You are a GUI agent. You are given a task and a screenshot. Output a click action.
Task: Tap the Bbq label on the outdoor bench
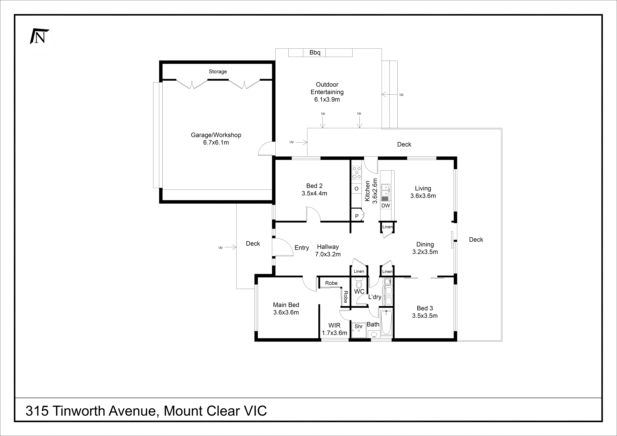(x=315, y=53)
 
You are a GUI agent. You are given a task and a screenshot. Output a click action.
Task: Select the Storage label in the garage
(x=218, y=71)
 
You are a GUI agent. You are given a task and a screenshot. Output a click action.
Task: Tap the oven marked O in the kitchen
(x=356, y=189)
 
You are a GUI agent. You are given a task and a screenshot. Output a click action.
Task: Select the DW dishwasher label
(x=386, y=206)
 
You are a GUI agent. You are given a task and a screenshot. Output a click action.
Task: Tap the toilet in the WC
(x=359, y=283)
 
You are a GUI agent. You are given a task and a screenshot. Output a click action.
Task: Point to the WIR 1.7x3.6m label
(x=334, y=329)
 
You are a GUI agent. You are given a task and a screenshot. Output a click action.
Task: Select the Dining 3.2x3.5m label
(x=425, y=248)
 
